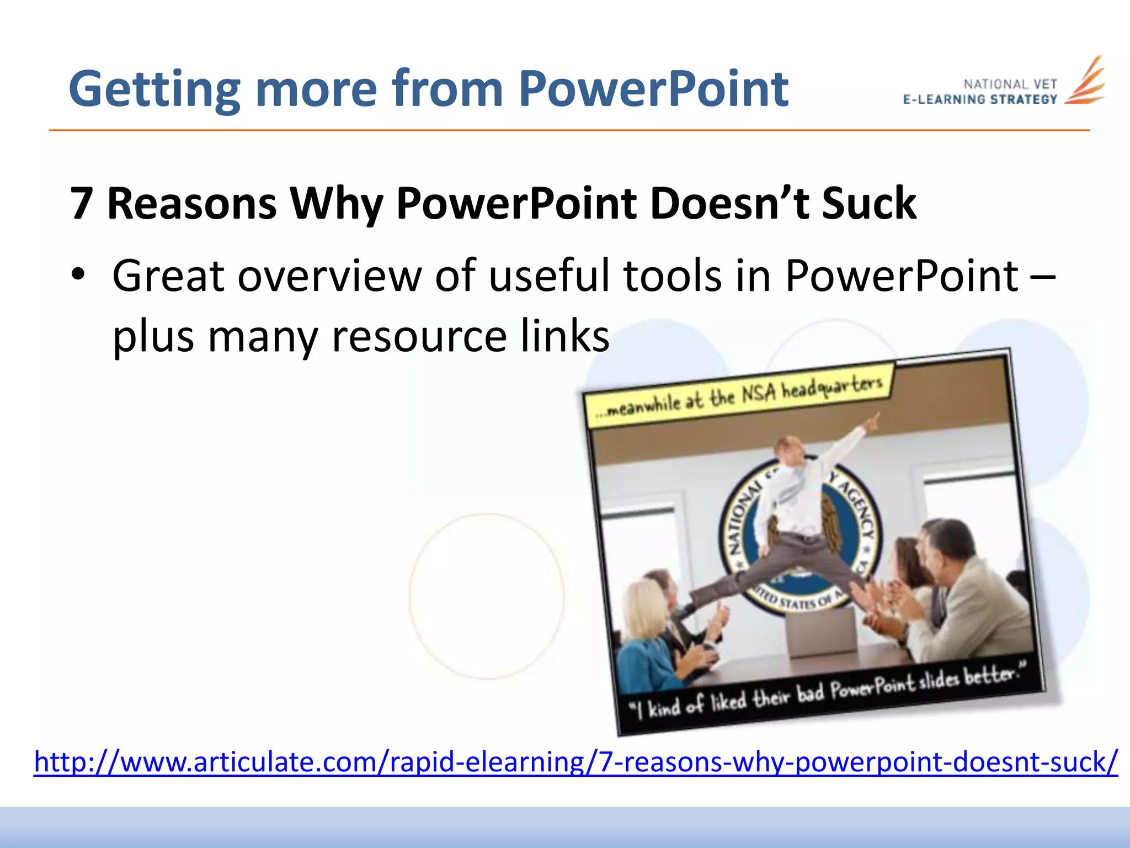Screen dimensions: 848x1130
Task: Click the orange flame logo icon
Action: [x=1085, y=82]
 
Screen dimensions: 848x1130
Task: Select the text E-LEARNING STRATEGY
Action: [x=980, y=99]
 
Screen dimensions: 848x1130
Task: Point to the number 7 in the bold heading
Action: [x=82, y=203]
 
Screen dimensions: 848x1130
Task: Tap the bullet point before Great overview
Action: [x=78, y=274]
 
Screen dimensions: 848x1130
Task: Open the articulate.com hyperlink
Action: [x=575, y=762]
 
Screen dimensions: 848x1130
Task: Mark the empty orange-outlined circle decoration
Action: [x=487, y=596]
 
